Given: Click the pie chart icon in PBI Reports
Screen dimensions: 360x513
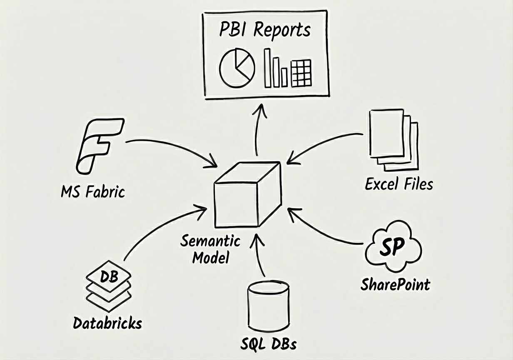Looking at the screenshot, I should point(237,68).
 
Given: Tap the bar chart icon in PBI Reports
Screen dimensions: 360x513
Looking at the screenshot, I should point(275,68).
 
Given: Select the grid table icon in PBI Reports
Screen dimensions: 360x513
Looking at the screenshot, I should point(301,73).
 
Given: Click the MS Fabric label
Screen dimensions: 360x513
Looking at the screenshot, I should point(92,192).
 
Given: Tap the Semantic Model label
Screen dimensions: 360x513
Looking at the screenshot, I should point(210,249).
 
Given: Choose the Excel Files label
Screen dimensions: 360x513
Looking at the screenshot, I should point(399,184).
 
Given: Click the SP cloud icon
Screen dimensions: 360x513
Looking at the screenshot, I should point(393,249).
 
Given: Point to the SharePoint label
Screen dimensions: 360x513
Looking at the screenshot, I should point(395,285).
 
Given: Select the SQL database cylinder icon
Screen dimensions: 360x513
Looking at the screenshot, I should point(268,305).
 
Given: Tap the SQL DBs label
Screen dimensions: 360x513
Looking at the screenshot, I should point(269,345).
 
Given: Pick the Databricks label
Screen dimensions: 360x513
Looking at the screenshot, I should point(107,323).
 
